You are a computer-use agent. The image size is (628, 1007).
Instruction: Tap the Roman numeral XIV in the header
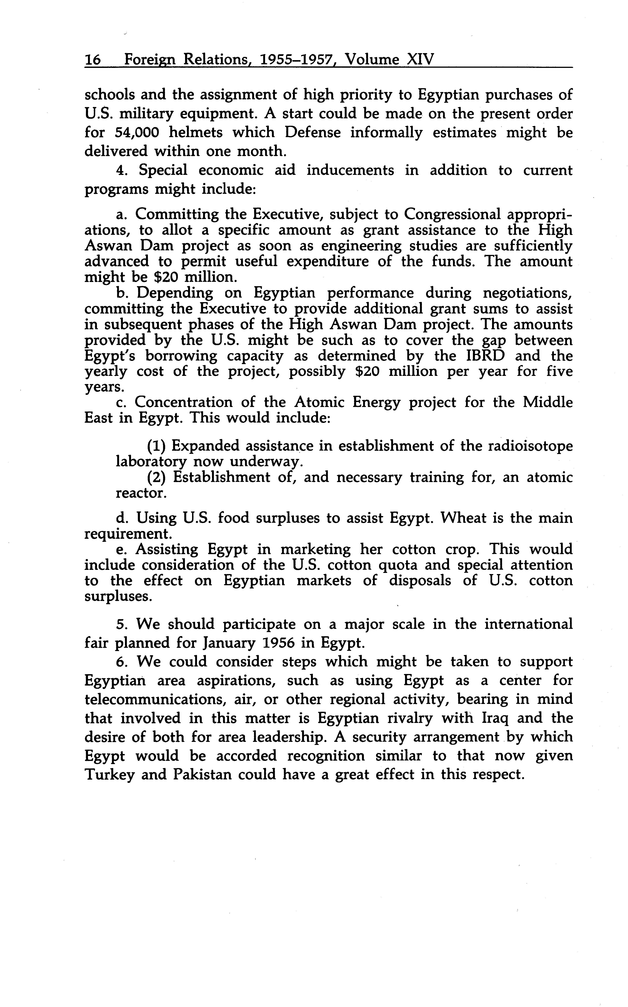coord(419,60)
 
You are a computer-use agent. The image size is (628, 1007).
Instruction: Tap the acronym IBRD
coord(482,356)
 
